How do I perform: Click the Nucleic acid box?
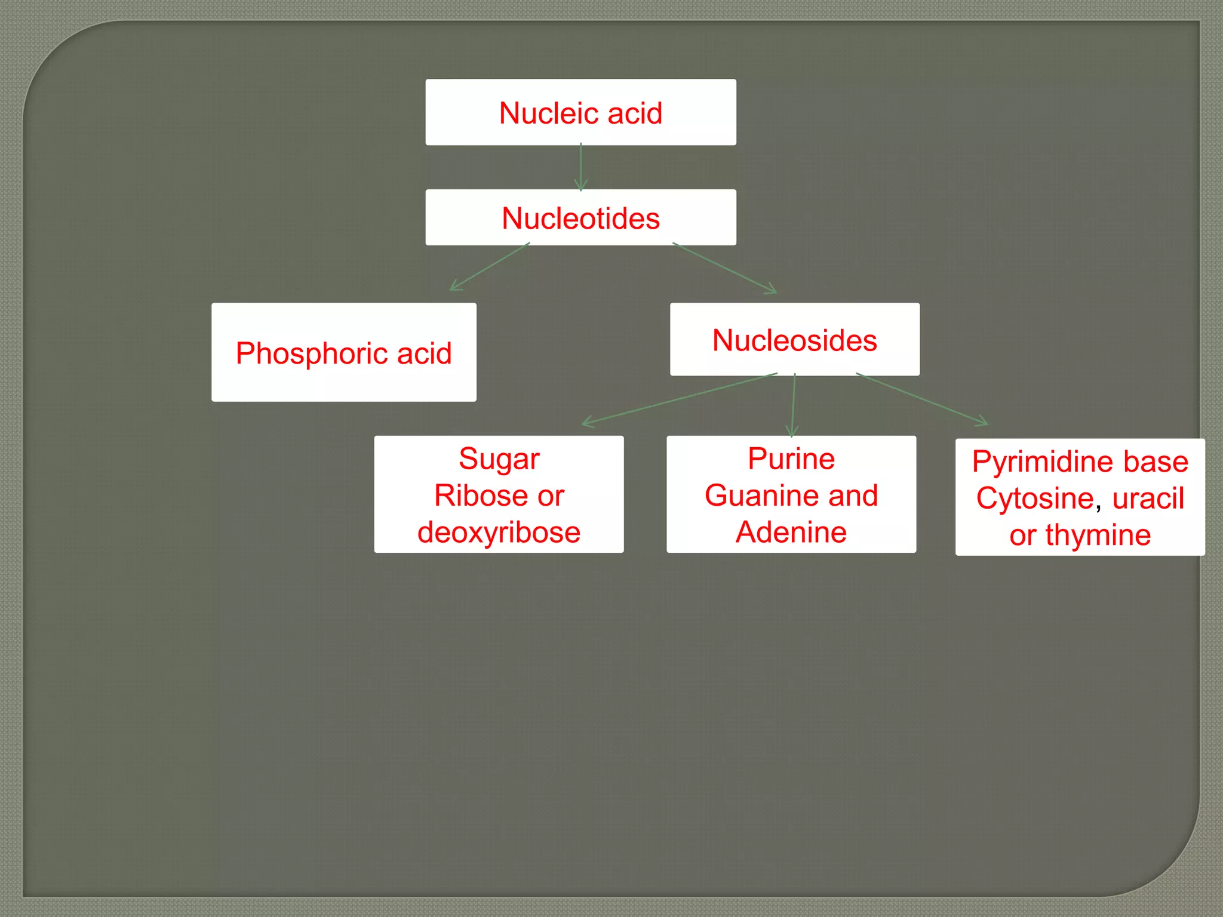tap(580, 112)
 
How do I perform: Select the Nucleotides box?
tap(580, 218)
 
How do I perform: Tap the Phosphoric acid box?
tap(343, 353)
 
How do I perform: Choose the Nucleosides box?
tap(794, 340)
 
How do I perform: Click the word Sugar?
tap(499, 459)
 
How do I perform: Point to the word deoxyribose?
tap(499, 532)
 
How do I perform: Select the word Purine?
tap(791, 459)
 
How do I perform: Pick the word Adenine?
tap(791, 532)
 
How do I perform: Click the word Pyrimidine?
tap(1039, 461)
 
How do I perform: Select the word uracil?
tap(1148, 498)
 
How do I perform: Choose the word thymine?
tap(1098, 535)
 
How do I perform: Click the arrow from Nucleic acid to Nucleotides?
tap(580, 167)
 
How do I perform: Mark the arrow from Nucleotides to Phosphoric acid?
tap(490, 267)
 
